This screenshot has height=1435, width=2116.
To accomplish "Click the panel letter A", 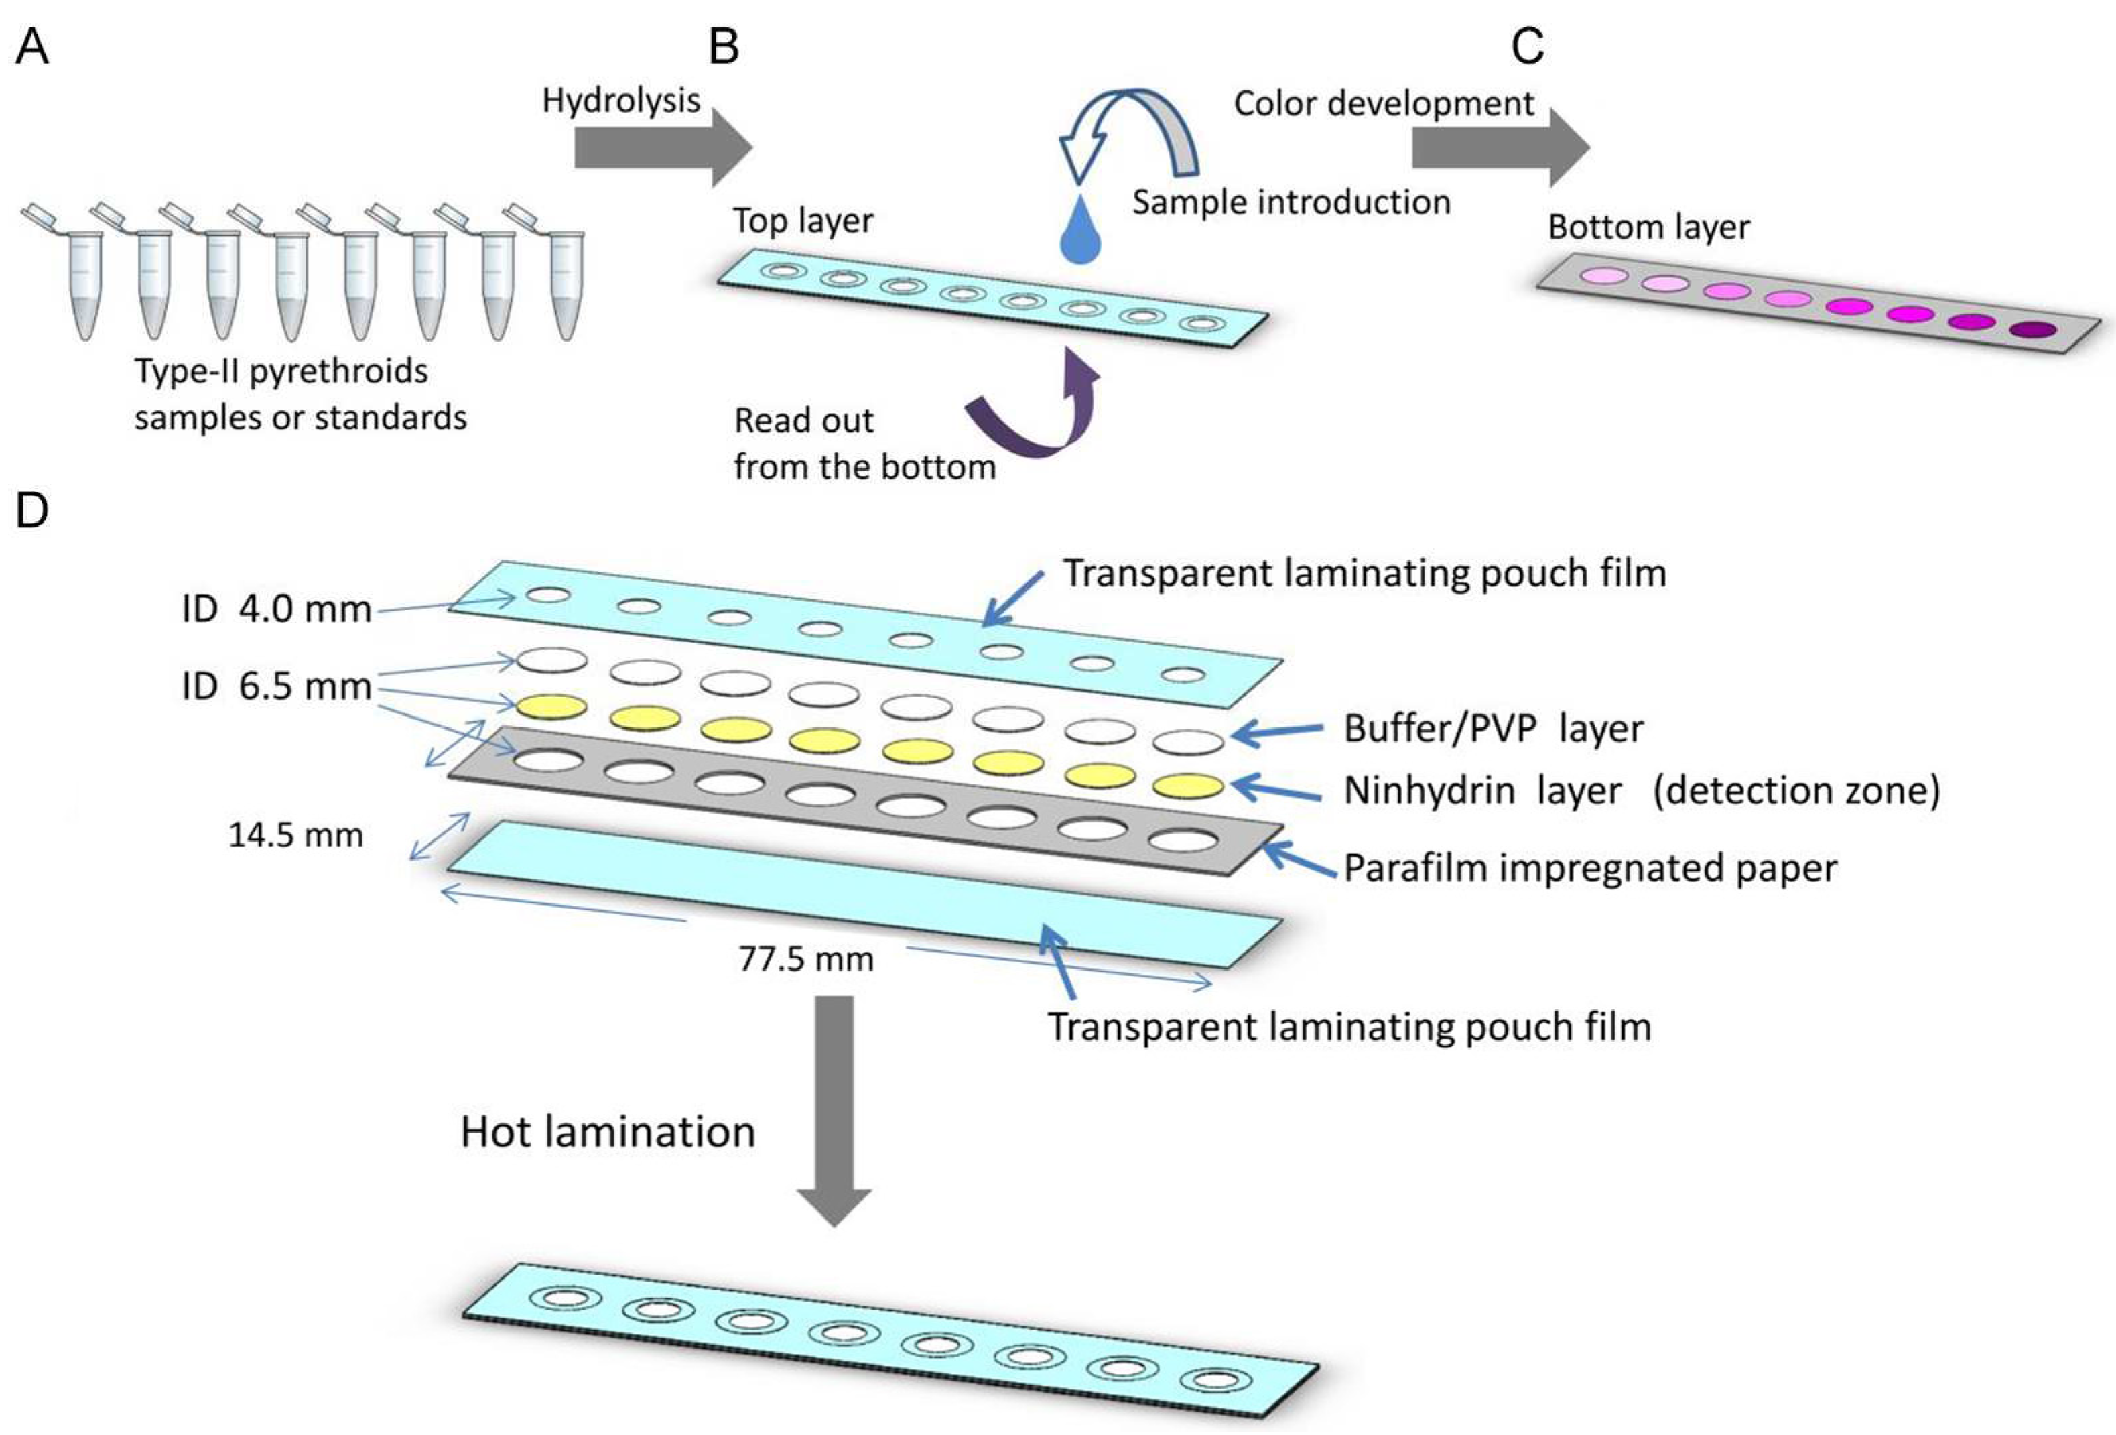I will coord(32,46).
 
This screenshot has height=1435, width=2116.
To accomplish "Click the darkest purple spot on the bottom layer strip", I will coord(2033,330).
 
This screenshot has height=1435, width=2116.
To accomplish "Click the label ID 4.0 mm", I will coord(276,608).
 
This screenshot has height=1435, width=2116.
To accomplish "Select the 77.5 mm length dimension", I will coord(806,959).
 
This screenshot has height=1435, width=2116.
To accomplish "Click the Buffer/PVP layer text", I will coord(1494,729).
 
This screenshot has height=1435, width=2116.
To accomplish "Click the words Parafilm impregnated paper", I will coord(1590,868).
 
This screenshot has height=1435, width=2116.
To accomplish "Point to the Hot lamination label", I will coord(607,1132).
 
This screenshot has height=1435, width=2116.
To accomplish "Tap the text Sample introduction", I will coord(1291,202).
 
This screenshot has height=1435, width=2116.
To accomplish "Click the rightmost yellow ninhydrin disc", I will coord(1188,786).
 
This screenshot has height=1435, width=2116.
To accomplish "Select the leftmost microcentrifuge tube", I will coord(82,282).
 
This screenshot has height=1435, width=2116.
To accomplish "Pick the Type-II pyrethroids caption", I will coord(300,393).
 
